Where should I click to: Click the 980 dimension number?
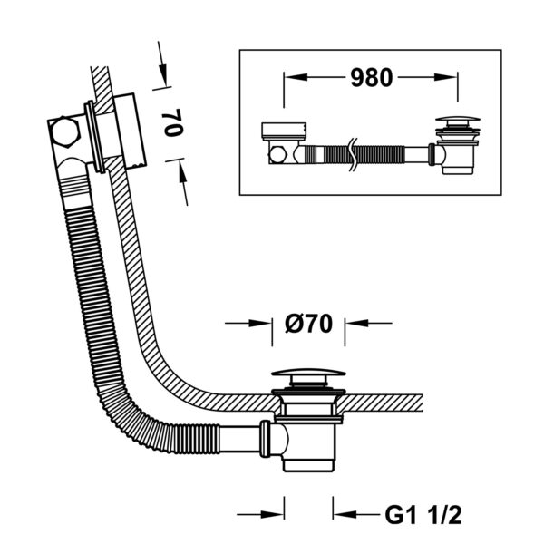pyautogui.click(x=371, y=77)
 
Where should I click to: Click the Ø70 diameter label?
pyautogui.click(x=308, y=324)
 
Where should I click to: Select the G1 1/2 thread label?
pyautogui.click(x=423, y=515)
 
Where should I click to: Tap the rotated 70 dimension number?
pyautogui.click(x=174, y=122)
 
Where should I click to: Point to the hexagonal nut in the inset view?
pyautogui.click(x=277, y=155)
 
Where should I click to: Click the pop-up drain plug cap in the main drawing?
pyautogui.click(x=308, y=374)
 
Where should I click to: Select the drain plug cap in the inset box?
pyautogui.click(x=458, y=120)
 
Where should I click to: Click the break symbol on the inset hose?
pyautogui.click(x=354, y=154)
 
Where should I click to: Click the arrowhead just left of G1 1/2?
pyautogui.click(x=345, y=514)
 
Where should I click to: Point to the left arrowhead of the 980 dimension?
pyautogui.click(x=296, y=77)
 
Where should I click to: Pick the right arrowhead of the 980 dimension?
pyautogui.click(x=445, y=77)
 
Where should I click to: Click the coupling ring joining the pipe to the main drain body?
pyautogui.click(x=265, y=439)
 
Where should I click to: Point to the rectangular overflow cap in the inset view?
pyautogui.click(x=284, y=131)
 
